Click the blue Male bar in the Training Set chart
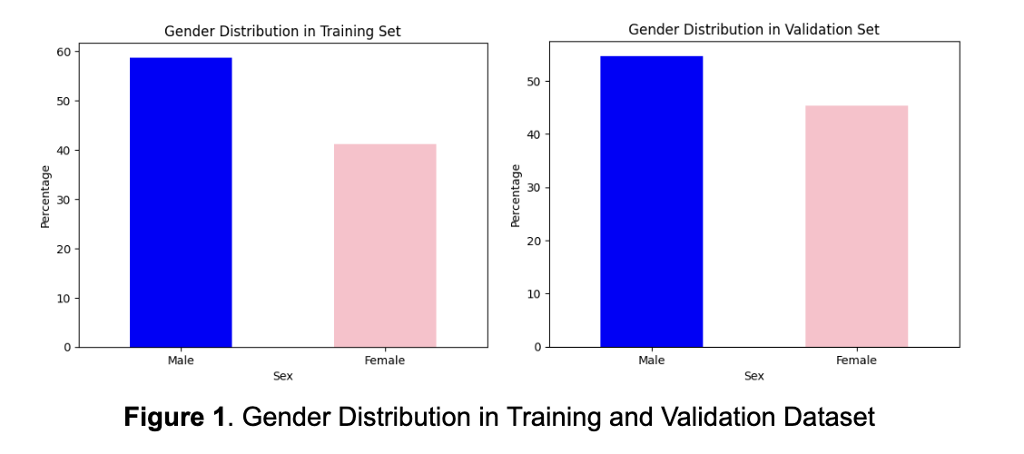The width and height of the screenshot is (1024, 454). pyautogui.click(x=181, y=202)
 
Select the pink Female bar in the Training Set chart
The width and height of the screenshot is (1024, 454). pyautogui.click(x=385, y=245)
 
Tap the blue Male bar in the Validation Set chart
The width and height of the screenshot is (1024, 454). pyautogui.click(x=651, y=202)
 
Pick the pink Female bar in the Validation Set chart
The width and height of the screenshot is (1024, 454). pyautogui.click(x=856, y=226)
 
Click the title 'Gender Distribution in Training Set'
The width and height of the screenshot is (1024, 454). pyautogui.click(x=282, y=32)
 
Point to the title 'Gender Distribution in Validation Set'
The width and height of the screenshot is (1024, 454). pyautogui.click(x=753, y=30)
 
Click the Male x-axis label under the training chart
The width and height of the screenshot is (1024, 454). pyautogui.click(x=181, y=360)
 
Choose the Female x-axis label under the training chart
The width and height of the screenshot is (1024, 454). pyautogui.click(x=385, y=360)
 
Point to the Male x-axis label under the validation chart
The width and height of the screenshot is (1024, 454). pyautogui.click(x=651, y=360)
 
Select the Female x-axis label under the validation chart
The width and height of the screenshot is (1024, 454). pyautogui.click(x=856, y=360)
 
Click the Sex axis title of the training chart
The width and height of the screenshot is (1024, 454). pyautogui.click(x=282, y=376)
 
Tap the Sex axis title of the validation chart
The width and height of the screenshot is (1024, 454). pyautogui.click(x=753, y=376)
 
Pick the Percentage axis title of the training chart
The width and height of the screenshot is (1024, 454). pyautogui.click(x=45, y=196)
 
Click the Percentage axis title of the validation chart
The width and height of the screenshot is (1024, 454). pyautogui.click(x=516, y=195)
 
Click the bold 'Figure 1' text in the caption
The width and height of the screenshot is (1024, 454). pyautogui.click(x=174, y=418)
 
